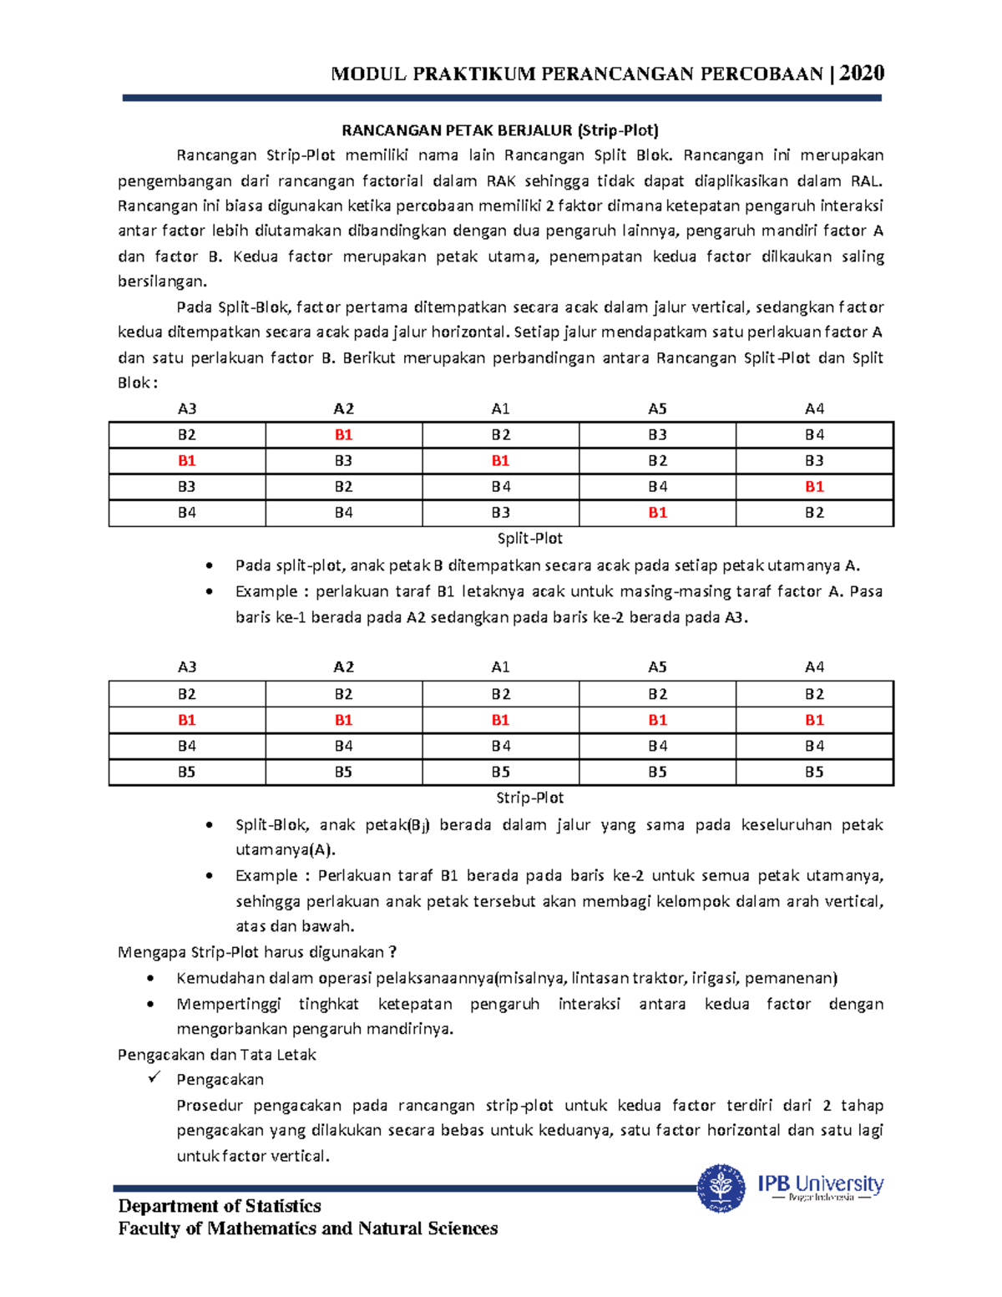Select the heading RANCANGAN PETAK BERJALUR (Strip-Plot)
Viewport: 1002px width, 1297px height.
[x=500, y=129]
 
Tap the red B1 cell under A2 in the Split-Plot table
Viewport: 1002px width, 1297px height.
[x=343, y=434]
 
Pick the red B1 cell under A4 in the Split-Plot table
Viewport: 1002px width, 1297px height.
[x=814, y=486]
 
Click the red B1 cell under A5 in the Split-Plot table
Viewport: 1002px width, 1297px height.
[x=657, y=512]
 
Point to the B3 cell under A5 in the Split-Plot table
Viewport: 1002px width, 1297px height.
[x=657, y=434]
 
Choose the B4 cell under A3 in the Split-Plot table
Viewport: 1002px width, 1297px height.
[x=186, y=512]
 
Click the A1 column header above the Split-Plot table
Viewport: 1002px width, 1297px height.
[x=500, y=408]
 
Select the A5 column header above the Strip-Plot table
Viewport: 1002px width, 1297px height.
[x=657, y=666]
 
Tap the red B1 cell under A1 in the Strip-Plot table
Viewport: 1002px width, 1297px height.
[x=500, y=720]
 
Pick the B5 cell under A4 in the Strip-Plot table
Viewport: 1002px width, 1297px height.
[x=814, y=772]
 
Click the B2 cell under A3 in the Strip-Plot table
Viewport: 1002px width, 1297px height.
[x=186, y=694]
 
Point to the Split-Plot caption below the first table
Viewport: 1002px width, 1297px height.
[x=529, y=539]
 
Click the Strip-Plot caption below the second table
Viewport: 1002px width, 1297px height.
[x=529, y=798]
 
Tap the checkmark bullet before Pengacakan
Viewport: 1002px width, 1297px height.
[x=154, y=1078]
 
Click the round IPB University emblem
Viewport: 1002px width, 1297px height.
[x=721, y=1188]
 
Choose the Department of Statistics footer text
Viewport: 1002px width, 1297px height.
[x=220, y=1206]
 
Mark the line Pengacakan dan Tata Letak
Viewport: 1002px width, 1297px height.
[x=217, y=1054]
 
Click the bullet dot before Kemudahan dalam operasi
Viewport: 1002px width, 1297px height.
[x=150, y=979]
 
